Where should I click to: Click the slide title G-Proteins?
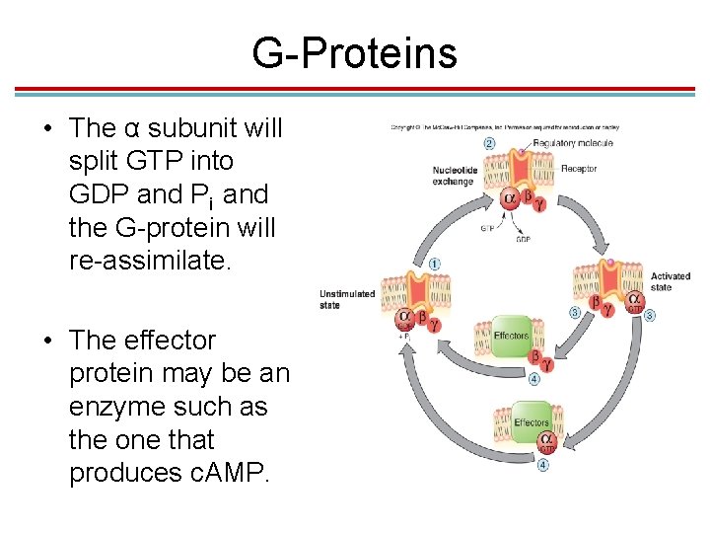(x=354, y=52)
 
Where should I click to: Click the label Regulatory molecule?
(x=572, y=144)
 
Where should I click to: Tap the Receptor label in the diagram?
(x=579, y=169)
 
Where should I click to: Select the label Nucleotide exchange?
(x=453, y=176)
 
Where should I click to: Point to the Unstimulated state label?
(x=346, y=299)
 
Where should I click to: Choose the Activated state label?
(x=671, y=281)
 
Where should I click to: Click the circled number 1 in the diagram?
(x=435, y=265)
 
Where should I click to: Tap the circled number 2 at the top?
(x=490, y=144)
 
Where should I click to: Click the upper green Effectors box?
(x=511, y=336)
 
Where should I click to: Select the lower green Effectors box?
(x=532, y=422)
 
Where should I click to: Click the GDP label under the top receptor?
(x=524, y=239)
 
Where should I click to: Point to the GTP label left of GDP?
(x=487, y=228)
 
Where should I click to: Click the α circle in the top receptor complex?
(x=510, y=198)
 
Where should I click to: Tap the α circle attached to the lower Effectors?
(x=546, y=441)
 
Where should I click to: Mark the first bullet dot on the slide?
(x=47, y=129)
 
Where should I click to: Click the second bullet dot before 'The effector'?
(x=47, y=342)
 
